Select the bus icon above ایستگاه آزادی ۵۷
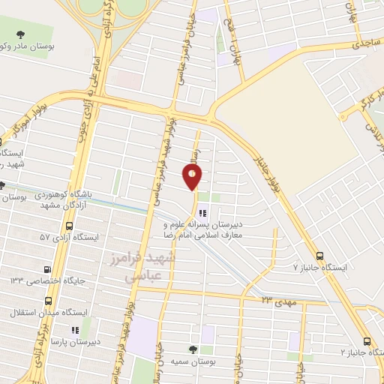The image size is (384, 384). (x=69, y=225)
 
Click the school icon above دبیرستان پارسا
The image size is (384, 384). (x=73, y=329)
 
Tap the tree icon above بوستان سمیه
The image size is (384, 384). (x=193, y=349)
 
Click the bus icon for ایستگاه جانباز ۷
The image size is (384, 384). (x=320, y=255)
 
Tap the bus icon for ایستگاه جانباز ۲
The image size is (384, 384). (x=366, y=339)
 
